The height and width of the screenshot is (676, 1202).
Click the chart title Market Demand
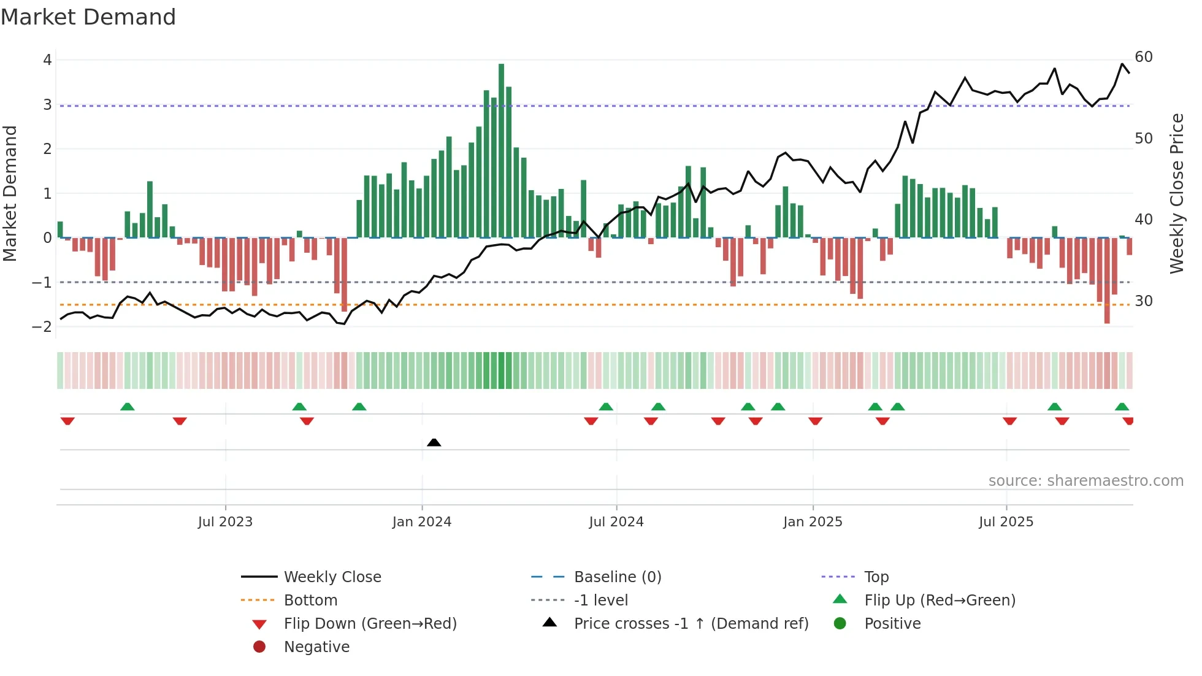tap(88, 17)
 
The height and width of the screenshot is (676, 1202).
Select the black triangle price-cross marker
tap(434, 442)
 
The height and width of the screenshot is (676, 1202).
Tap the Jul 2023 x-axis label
tap(225, 522)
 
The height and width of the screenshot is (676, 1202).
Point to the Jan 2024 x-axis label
tap(422, 522)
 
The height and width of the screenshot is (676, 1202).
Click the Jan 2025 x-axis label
tap(813, 522)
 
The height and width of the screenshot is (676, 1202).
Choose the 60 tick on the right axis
tap(1143, 57)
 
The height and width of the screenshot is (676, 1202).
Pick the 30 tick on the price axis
tap(1143, 301)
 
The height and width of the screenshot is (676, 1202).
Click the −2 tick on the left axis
tap(42, 326)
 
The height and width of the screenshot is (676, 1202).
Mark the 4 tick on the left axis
tap(47, 60)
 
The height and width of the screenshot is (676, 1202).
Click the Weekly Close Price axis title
tap(1176, 193)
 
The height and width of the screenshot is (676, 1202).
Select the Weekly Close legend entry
tap(332, 577)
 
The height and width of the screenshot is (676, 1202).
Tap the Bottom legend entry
tap(310, 601)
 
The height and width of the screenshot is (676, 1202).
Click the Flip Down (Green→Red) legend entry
tap(370, 624)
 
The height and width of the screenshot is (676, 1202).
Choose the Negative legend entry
tap(316, 647)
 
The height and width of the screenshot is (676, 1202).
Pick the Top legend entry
tap(876, 577)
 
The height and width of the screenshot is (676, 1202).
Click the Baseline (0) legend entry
tap(617, 577)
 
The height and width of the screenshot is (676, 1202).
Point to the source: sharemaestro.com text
tap(1085, 481)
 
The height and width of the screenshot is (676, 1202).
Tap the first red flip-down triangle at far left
tap(67, 421)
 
